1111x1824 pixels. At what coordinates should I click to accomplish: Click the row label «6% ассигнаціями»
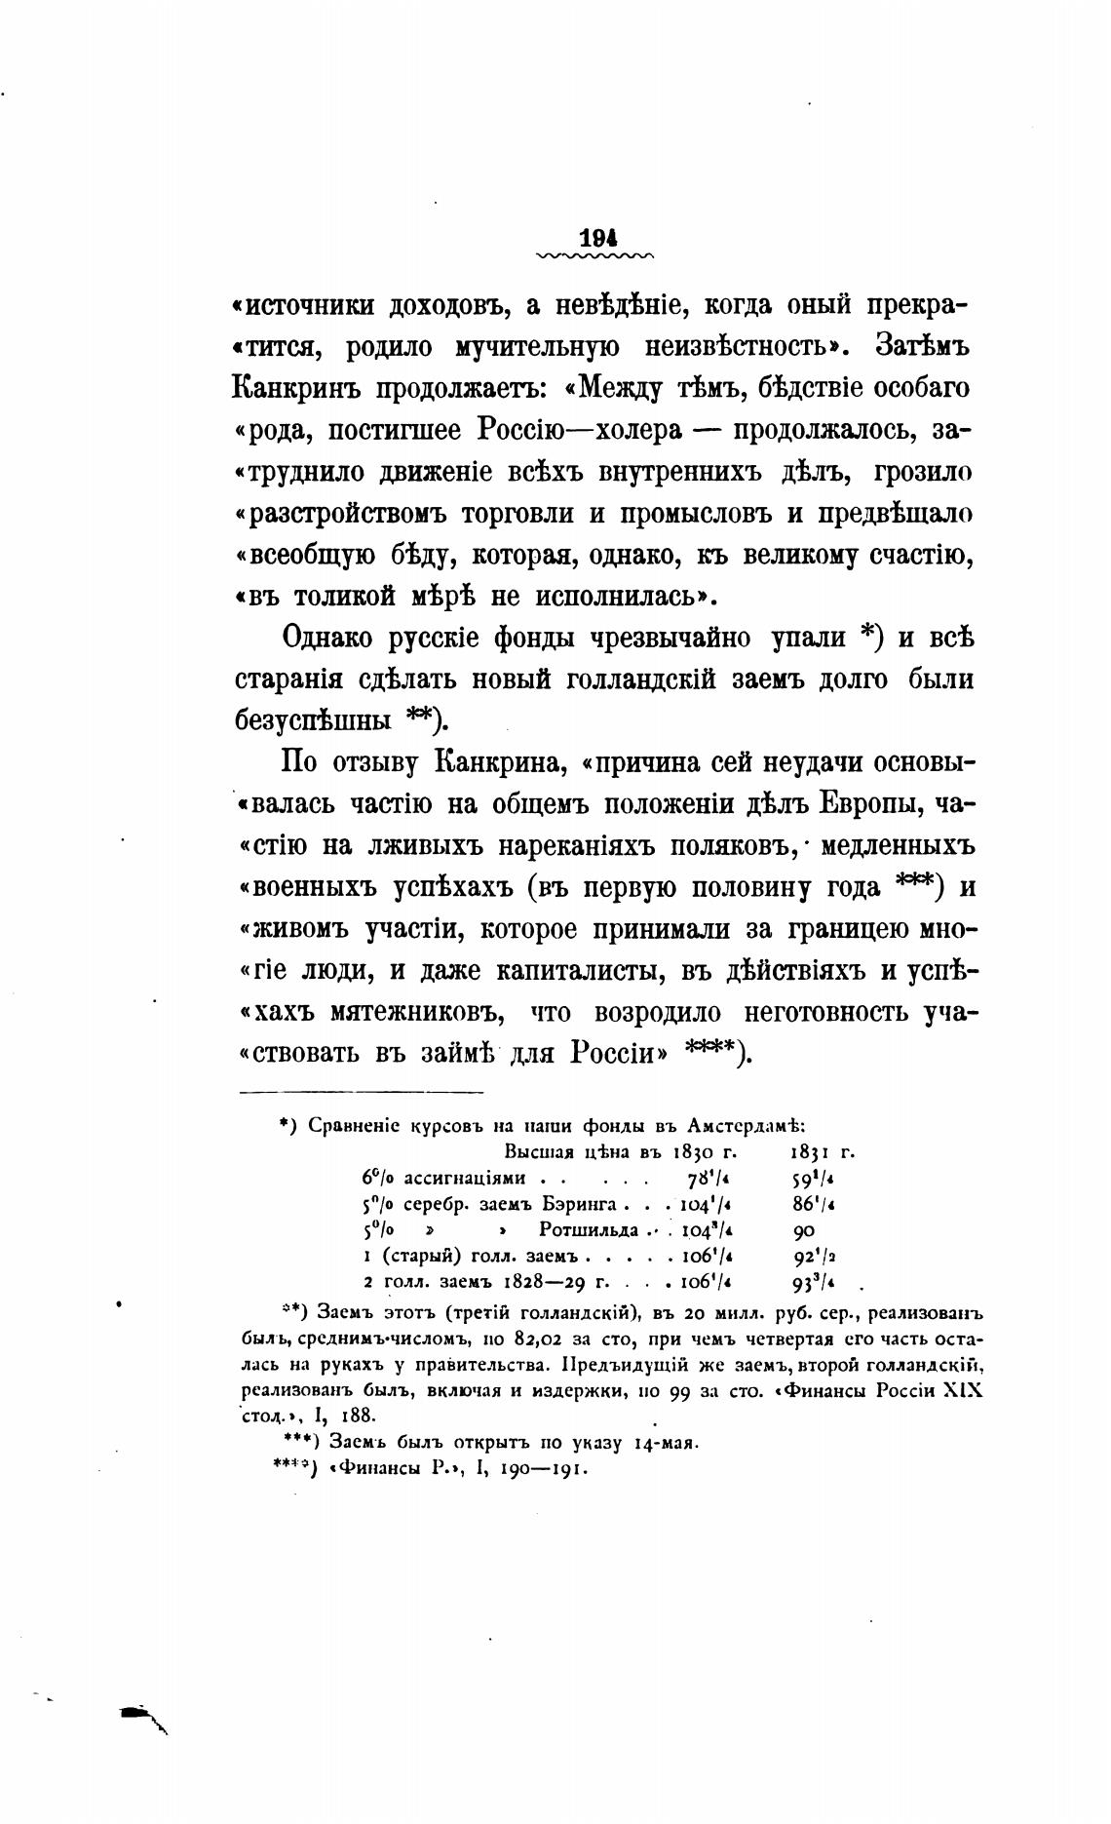tap(444, 1178)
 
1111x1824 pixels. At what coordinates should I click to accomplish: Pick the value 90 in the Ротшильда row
tap(805, 1230)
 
